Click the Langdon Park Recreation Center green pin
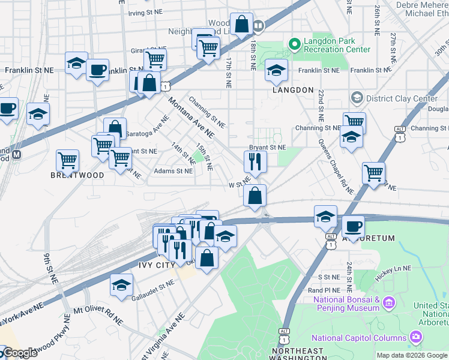pos(294,43)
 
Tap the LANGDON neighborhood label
pos(294,90)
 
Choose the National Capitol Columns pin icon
pos(415,338)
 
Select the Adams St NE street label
pos(173,171)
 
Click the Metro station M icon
pos(17,154)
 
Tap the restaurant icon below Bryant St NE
pos(255,162)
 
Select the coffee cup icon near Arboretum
pos(353,227)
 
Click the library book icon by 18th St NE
pos(258,26)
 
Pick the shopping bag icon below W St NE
pos(255,195)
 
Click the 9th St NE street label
pos(50,268)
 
